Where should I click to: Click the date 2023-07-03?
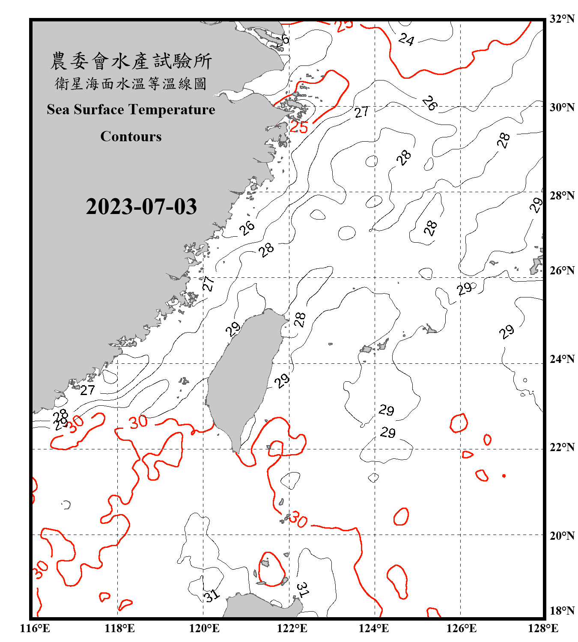[x=141, y=207]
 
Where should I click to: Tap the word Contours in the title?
[x=131, y=137]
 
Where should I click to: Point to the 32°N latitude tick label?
[x=562, y=19]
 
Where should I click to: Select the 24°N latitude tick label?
[x=562, y=359]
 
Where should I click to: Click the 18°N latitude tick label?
[x=562, y=611]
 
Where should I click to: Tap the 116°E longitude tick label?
[x=35, y=628]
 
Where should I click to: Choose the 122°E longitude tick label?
[x=292, y=628]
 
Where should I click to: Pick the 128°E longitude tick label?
[x=543, y=628]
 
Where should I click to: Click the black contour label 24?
[x=406, y=40]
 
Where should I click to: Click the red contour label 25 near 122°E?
[x=299, y=127]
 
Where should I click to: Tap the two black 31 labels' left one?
[x=212, y=595]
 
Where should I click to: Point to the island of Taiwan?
[x=242, y=377]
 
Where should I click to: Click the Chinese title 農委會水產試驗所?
[x=131, y=61]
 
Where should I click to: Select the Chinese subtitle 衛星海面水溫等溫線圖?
[x=131, y=83]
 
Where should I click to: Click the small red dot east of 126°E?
[x=504, y=476]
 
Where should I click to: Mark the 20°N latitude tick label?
[x=562, y=535]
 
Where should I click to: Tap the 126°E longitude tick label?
[x=461, y=628]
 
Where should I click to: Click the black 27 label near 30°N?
[x=361, y=112]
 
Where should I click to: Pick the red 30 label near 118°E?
[x=138, y=422]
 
